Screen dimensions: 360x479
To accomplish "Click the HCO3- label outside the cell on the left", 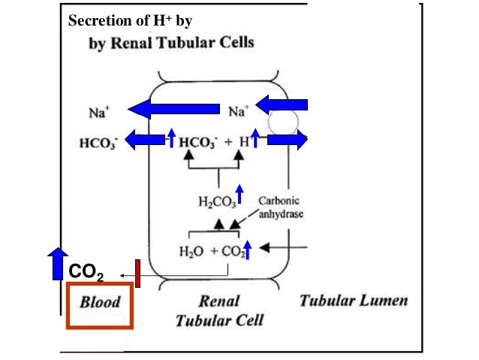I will [95, 140].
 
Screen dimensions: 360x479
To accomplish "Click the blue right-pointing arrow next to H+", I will [287, 140].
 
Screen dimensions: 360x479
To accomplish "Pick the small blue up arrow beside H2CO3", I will [239, 195].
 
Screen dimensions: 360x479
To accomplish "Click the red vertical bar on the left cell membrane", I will [138, 273].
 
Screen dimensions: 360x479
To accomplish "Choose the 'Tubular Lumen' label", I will [354, 301].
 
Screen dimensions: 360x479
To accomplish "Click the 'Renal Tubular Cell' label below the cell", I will [218, 311].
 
